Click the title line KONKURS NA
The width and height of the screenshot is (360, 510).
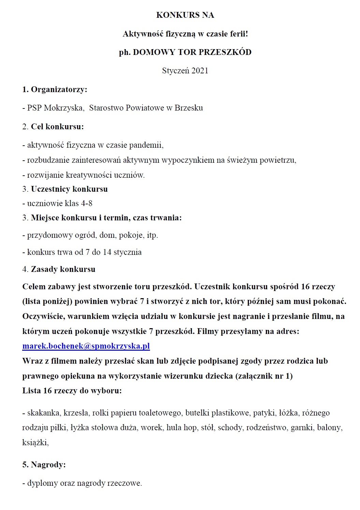pos(185,15)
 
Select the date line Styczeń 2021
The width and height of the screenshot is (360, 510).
pos(185,71)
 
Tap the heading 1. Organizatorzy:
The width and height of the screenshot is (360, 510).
pos(55,89)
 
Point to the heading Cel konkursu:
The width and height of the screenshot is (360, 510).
pos(57,127)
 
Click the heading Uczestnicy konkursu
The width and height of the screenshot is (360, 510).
pos(69,189)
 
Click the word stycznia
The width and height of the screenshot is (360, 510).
pos(127,252)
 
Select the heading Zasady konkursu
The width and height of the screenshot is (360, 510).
pos(63,269)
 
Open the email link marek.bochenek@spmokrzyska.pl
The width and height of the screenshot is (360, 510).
pos(86,346)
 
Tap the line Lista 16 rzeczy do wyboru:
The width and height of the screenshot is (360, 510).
pos(72,391)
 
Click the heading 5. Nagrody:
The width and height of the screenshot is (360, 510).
pos(44,465)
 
